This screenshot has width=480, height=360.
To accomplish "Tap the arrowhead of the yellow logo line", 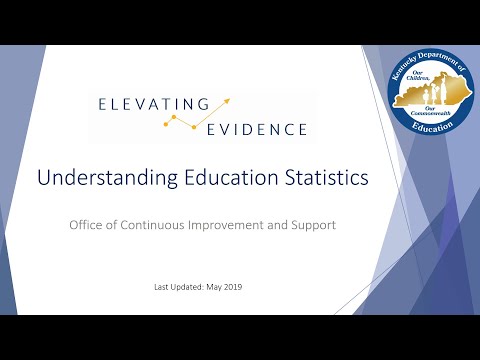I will (x=228, y=100).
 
